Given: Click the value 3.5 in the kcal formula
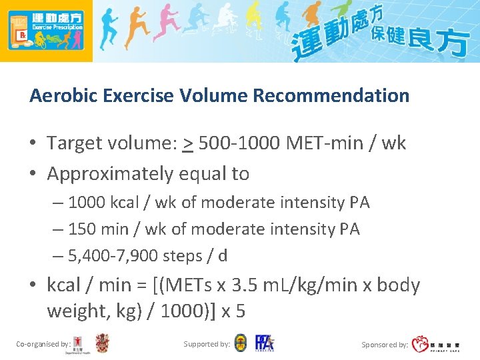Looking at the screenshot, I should pos(255,285).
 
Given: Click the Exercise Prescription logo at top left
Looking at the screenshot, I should pos(46,30).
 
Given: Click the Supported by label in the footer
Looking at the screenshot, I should pos(207,344).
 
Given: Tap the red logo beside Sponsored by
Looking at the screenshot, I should pos(420,344).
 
